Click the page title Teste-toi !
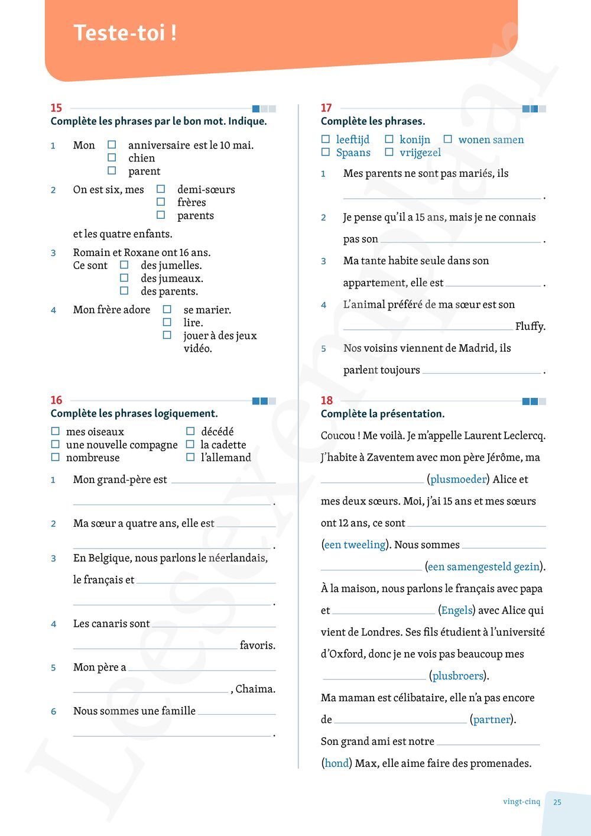[x=125, y=33]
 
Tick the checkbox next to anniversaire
[x=112, y=145]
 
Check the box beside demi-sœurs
[x=161, y=189]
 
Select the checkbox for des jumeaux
[x=124, y=278]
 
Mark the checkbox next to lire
[x=167, y=322]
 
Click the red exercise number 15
[x=56, y=108]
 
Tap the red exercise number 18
[x=327, y=400]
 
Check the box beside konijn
[x=389, y=140]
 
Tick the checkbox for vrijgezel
[x=389, y=153]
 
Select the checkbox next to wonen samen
[x=448, y=140]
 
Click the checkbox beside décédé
[x=190, y=432]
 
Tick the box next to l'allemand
[x=190, y=457]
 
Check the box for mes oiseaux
[x=56, y=432]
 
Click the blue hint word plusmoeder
[x=458, y=479]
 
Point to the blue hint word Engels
[x=457, y=611]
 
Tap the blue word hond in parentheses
[x=336, y=763]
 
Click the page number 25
[x=557, y=802]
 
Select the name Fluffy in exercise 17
[x=530, y=326]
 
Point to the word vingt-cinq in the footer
[x=521, y=802]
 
